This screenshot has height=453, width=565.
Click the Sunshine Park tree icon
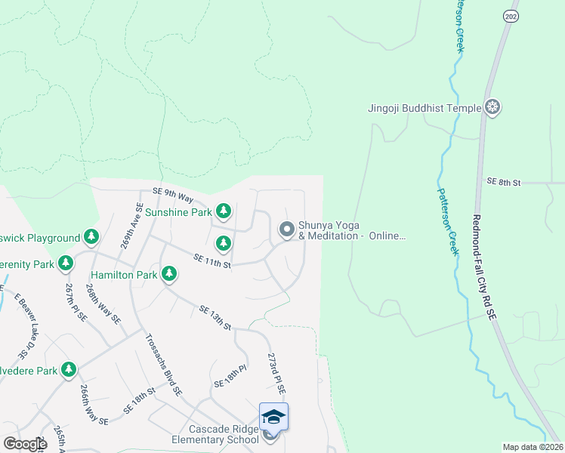223,211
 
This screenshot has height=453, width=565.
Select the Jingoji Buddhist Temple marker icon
492,107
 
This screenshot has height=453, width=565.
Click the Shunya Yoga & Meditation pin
286,228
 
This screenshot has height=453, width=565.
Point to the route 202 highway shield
509,14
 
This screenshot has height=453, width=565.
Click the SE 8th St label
504,182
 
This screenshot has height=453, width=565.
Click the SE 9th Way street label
173,193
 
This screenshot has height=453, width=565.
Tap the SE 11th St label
211,262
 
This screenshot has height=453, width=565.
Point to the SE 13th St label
215,317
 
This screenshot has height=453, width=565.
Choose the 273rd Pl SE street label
276,373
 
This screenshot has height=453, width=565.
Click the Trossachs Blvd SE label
164,365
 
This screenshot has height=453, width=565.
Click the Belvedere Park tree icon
69,369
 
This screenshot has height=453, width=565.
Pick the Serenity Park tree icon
66,263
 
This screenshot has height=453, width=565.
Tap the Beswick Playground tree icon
91,237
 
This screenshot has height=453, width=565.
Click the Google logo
24,444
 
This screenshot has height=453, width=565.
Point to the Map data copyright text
533,447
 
